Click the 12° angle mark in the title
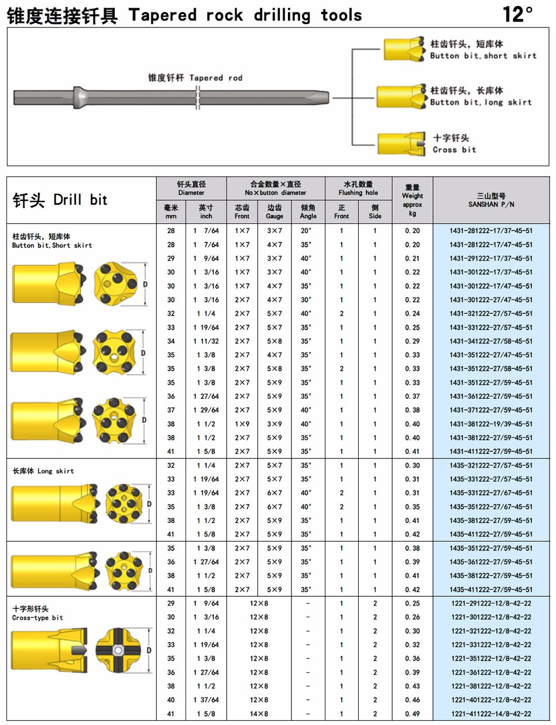click(x=518, y=14)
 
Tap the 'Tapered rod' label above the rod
click(x=195, y=77)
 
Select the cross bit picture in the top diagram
click(x=403, y=143)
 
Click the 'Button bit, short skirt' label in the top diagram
click(x=483, y=50)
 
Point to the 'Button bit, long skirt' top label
click(x=481, y=97)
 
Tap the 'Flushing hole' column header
click(x=358, y=188)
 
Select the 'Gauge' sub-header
click(x=275, y=212)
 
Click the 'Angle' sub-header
click(x=308, y=212)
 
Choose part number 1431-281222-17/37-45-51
click(x=491, y=231)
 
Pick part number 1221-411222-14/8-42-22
click(x=491, y=713)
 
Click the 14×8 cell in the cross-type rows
click(x=259, y=713)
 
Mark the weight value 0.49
click(x=413, y=713)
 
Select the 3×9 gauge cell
click(x=275, y=424)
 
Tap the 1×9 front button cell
click(x=242, y=424)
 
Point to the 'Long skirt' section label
click(x=43, y=471)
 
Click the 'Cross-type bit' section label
click(x=37, y=613)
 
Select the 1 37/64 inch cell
click(x=206, y=699)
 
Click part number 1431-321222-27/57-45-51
click(x=491, y=313)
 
